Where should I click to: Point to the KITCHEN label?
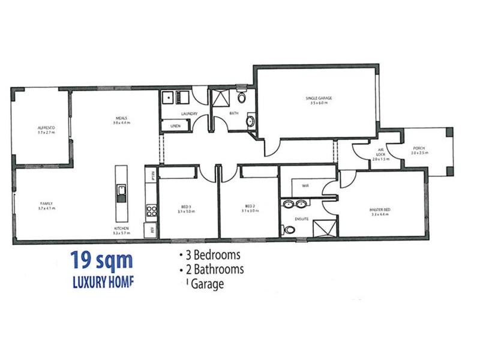(x=122, y=229)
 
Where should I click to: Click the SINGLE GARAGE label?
(x=317, y=98)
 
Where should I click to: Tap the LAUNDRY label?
(x=190, y=114)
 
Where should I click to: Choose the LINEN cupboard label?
(x=176, y=126)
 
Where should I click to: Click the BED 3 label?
(x=186, y=206)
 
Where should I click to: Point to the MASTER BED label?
(x=381, y=209)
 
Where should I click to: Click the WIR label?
(x=305, y=186)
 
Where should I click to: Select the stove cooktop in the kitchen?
(x=152, y=211)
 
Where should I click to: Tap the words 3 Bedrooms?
(x=211, y=255)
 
